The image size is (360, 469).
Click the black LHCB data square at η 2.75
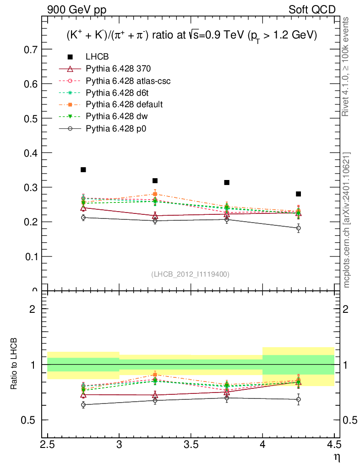coord(83,170)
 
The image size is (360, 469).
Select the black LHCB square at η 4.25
coord(299,194)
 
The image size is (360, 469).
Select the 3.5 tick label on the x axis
coord(191,445)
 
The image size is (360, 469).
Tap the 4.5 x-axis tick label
coord(334,445)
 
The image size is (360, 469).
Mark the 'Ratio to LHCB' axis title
coord(15,364)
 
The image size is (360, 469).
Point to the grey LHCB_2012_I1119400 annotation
coord(190,274)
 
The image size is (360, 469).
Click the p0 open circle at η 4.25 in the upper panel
coord(299,228)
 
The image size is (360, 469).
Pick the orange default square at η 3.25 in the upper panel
coord(155,194)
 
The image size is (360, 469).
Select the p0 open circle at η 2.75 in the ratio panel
coord(83,405)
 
